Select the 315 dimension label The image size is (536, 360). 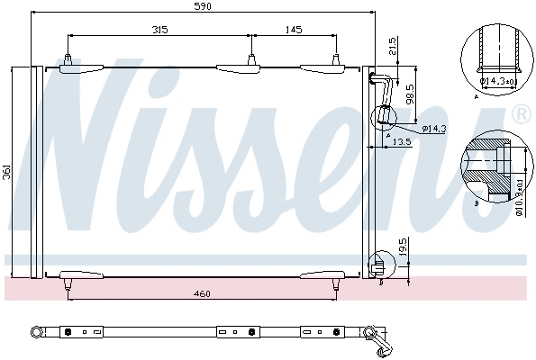(x=159, y=31)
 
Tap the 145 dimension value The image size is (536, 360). (x=294, y=31)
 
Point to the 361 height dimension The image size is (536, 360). (x=6, y=170)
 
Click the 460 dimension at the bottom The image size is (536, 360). (x=202, y=293)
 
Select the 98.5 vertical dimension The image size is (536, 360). (x=409, y=92)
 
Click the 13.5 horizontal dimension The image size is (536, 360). (x=402, y=142)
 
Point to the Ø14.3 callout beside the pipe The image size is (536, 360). (x=434, y=129)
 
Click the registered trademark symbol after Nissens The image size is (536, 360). (x=521, y=114)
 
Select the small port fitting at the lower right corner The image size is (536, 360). (x=379, y=266)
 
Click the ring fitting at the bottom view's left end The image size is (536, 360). (x=37, y=333)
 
